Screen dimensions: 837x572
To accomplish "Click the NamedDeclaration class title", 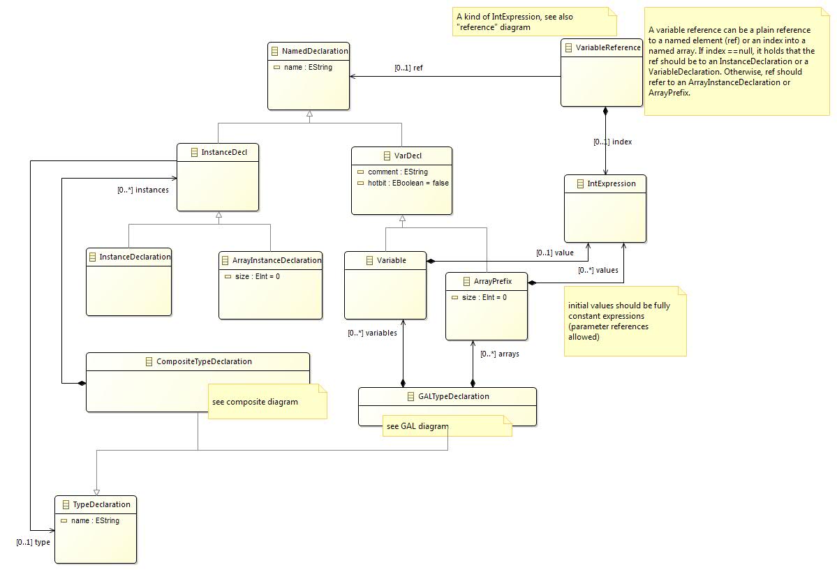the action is pyautogui.click(x=315, y=51).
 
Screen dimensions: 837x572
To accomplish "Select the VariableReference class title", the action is pyautogui.click(x=608, y=47).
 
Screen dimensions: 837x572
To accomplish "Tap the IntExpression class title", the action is pyautogui.click(x=612, y=183).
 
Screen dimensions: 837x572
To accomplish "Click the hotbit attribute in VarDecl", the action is pyautogui.click(x=408, y=183).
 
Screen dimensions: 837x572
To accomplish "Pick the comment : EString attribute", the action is pyautogui.click(x=398, y=172).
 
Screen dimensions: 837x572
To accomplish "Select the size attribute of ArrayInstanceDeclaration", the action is pyautogui.click(x=258, y=276).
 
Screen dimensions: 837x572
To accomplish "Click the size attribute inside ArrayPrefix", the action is pyautogui.click(x=484, y=297).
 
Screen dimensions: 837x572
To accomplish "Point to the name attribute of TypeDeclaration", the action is pyautogui.click(x=95, y=521).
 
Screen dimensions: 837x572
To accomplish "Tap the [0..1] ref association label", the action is pyautogui.click(x=408, y=68).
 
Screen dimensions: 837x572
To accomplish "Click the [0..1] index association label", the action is pyautogui.click(x=612, y=142).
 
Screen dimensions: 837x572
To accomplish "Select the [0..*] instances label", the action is pyautogui.click(x=143, y=190).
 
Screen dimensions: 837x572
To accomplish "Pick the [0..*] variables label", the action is pyautogui.click(x=372, y=333).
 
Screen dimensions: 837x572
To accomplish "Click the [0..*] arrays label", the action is pyautogui.click(x=500, y=354).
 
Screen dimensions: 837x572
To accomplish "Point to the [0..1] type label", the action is pyautogui.click(x=33, y=542).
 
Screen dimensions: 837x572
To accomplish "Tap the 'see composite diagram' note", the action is pyautogui.click(x=267, y=402).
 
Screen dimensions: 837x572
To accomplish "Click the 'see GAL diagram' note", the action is pyautogui.click(x=447, y=426).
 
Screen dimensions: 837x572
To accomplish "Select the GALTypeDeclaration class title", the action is pyautogui.click(x=453, y=396).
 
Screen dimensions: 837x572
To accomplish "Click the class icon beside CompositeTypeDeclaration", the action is pyautogui.click(x=149, y=362).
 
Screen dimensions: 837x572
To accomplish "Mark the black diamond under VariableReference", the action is pyautogui.click(x=605, y=111).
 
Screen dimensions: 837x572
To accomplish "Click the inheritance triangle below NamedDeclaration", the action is pyautogui.click(x=310, y=114).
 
